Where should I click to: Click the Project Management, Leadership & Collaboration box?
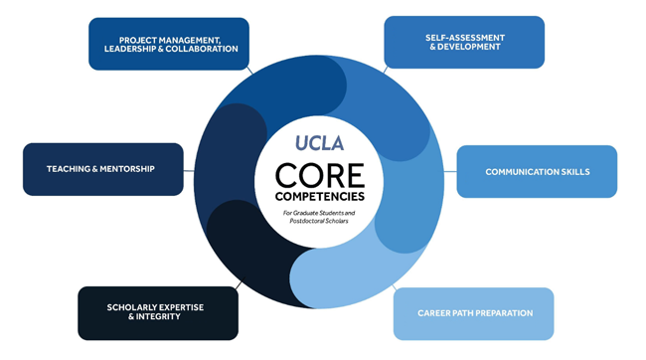coord(168,44)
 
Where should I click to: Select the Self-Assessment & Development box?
coord(464,42)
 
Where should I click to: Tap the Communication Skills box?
coord(537,172)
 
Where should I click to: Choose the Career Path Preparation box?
coord(473,314)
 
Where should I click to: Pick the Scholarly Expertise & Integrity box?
coord(158,313)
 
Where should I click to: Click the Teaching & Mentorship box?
coord(103,169)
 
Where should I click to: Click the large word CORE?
coord(319,174)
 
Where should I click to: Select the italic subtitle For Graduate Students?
coord(319,212)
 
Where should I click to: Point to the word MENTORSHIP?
coord(127,169)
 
